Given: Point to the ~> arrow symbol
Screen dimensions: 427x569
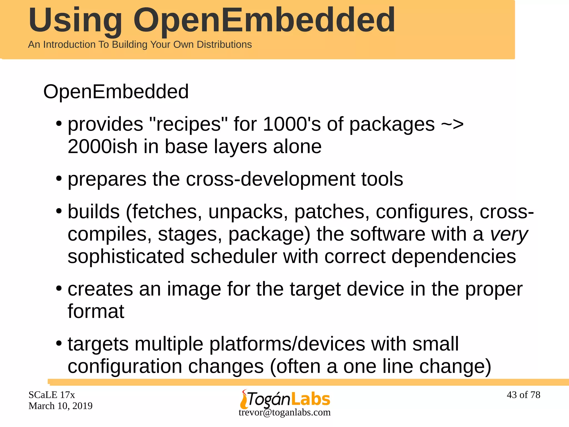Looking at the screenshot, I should (x=452, y=124).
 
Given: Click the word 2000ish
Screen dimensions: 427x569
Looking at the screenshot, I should (x=103, y=147).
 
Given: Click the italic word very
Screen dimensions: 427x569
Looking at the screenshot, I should (x=509, y=234).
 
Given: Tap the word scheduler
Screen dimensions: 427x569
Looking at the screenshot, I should (x=234, y=256).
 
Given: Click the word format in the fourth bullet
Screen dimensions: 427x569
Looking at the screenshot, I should (x=96, y=311).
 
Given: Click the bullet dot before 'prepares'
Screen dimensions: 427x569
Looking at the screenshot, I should (x=59, y=178).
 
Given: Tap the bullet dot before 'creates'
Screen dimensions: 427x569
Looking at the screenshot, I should (x=59, y=288).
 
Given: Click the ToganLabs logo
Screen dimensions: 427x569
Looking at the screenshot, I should (x=285, y=399).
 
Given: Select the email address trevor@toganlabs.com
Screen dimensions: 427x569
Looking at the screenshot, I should (x=284, y=412).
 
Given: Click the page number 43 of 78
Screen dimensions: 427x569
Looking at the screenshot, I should (x=523, y=395).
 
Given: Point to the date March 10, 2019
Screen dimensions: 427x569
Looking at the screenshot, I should (x=60, y=406).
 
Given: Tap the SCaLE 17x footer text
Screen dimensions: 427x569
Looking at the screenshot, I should (x=52, y=395).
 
